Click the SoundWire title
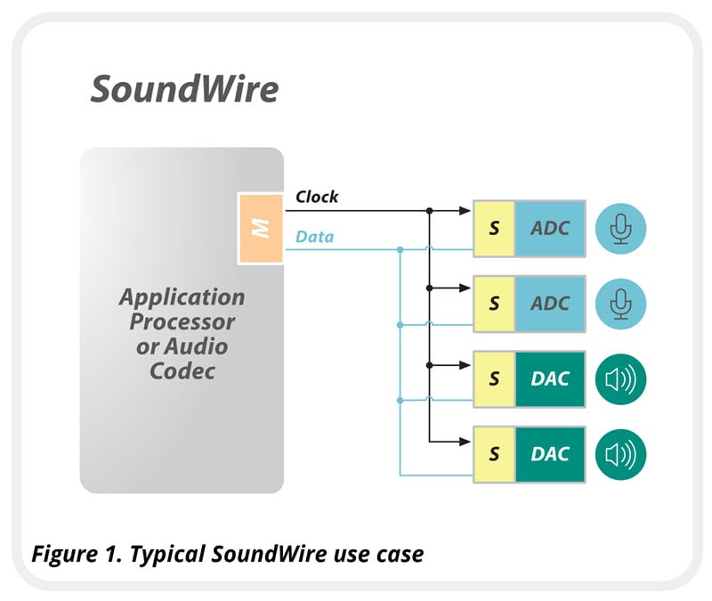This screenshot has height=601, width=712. (184, 90)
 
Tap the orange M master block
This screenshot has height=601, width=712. (260, 228)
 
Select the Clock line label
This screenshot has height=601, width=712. (317, 197)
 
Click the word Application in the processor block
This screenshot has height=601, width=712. (182, 296)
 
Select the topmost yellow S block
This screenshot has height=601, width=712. (495, 228)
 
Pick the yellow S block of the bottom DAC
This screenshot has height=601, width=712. (495, 455)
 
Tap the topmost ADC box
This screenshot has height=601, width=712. (550, 228)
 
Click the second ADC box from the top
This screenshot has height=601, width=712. (550, 304)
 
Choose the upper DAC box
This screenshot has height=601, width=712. (550, 379)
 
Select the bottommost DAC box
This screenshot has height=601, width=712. (550, 455)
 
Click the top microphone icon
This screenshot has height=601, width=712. (620, 228)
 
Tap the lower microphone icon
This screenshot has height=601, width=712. (620, 304)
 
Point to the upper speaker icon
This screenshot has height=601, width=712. (620, 379)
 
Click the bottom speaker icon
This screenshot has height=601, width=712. (620, 455)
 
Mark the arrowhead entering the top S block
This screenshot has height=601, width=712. (466, 212)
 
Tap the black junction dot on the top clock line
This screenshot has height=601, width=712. (430, 212)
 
